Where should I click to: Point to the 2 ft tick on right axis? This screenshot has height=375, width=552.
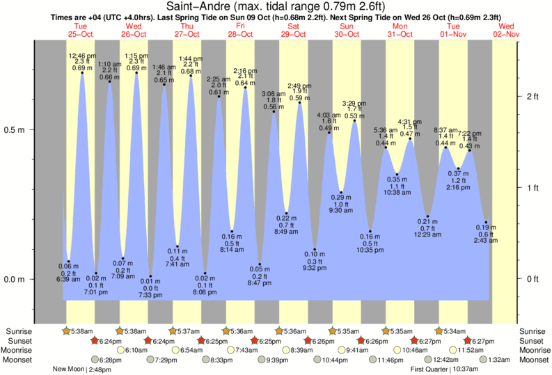click(533, 96)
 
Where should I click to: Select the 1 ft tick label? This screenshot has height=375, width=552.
click(533, 188)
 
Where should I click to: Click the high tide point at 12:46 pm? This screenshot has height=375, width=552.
click(82, 73)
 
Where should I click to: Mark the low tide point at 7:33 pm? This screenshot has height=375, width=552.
click(150, 277)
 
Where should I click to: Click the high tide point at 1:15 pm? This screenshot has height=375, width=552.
click(136, 73)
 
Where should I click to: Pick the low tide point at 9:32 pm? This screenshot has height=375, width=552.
click(315, 250)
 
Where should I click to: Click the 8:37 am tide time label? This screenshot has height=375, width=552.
click(445, 130)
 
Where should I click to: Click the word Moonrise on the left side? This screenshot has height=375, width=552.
click(18, 350)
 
